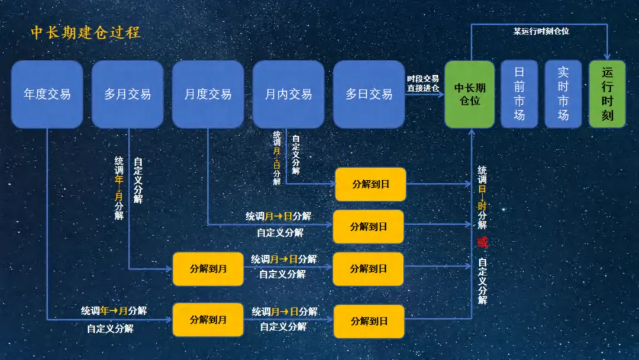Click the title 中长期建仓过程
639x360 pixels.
[x=85, y=32]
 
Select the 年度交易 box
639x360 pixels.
[x=47, y=94]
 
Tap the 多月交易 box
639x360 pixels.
[x=128, y=94]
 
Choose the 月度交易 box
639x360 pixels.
[x=208, y=94]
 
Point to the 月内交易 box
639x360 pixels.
[x=289, y=94]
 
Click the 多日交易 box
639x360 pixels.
[x=369, y=94]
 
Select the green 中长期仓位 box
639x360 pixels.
[x=470, y=94]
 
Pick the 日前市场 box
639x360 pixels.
[x=519, y=94]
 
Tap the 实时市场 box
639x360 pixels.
[x=563, y=94]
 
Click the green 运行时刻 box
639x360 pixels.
[x=607, y=94]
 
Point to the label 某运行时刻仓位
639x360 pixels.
[x=541, y=31]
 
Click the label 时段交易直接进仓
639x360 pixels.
[x=423, y=83]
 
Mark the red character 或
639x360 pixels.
[x=482, y=243]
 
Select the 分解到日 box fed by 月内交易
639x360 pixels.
[x=370, y=184]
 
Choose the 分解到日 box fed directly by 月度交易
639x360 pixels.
[x=369, y=226]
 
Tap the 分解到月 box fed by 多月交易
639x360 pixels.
[x=208, y=269]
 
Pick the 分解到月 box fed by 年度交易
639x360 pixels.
[x=208, y=320]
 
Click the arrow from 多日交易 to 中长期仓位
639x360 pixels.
[x=425, y=94]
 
